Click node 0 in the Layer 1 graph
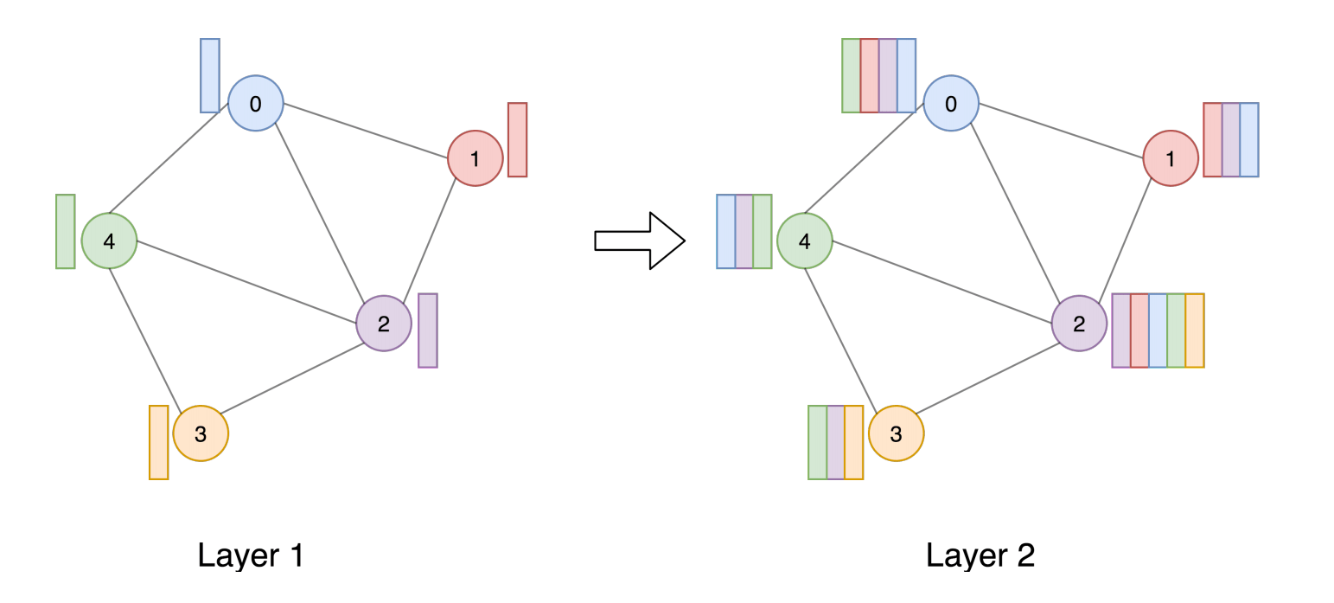pos(256,104)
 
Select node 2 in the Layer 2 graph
pos(1079,324)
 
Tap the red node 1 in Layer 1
pos(475,158)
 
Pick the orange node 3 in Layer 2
pos(896,433)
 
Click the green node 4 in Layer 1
pos(109,241)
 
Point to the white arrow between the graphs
pos(640,241)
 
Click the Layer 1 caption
pos(251,555)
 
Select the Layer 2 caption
pos(980,555)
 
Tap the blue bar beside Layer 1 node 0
pos(210,75)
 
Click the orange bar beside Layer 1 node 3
pos(158,442)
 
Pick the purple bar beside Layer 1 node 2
pos(428,330)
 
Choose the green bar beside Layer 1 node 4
pos(66,231)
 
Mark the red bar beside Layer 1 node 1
pos(517,139)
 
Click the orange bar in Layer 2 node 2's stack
pos(1195,330)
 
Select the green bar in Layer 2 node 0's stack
pos(851,75)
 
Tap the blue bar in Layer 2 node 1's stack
pos(1249,139)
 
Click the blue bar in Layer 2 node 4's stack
pos(725,231)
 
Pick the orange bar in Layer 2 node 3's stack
pos(854,442)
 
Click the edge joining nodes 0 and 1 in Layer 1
pos(366,131)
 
